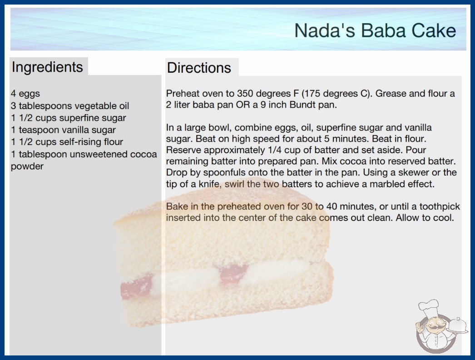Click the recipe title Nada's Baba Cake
[375, 30]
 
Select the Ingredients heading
[47, 67]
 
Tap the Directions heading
[199, 68]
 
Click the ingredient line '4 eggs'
[25, 94]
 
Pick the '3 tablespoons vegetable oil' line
[70, 106]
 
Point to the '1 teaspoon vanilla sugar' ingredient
[63, 130]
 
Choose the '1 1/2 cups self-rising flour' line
[67, 142]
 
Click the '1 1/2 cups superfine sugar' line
[69, 118]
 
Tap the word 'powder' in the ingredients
[27, 166]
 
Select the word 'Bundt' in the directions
[303, 105]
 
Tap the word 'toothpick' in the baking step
[440, 207]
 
